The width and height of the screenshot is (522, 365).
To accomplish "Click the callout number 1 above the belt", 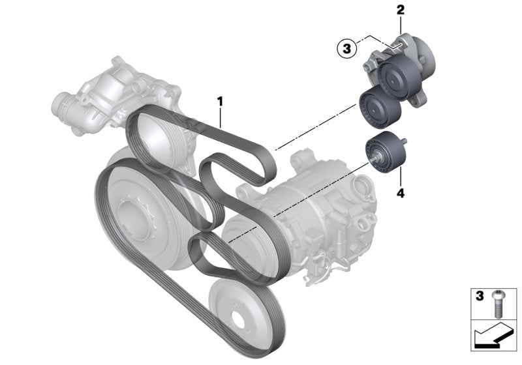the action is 220,102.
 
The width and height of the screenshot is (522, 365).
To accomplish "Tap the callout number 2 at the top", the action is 401,10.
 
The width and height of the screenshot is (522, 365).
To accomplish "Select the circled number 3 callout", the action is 347,49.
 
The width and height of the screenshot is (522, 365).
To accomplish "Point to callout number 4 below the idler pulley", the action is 401,193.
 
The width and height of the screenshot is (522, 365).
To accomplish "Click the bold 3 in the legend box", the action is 480,296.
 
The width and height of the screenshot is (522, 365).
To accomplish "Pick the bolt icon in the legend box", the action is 497,303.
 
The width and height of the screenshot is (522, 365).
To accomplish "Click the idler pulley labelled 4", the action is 385,152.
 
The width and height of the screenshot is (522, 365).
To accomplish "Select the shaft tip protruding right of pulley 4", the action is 405,141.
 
